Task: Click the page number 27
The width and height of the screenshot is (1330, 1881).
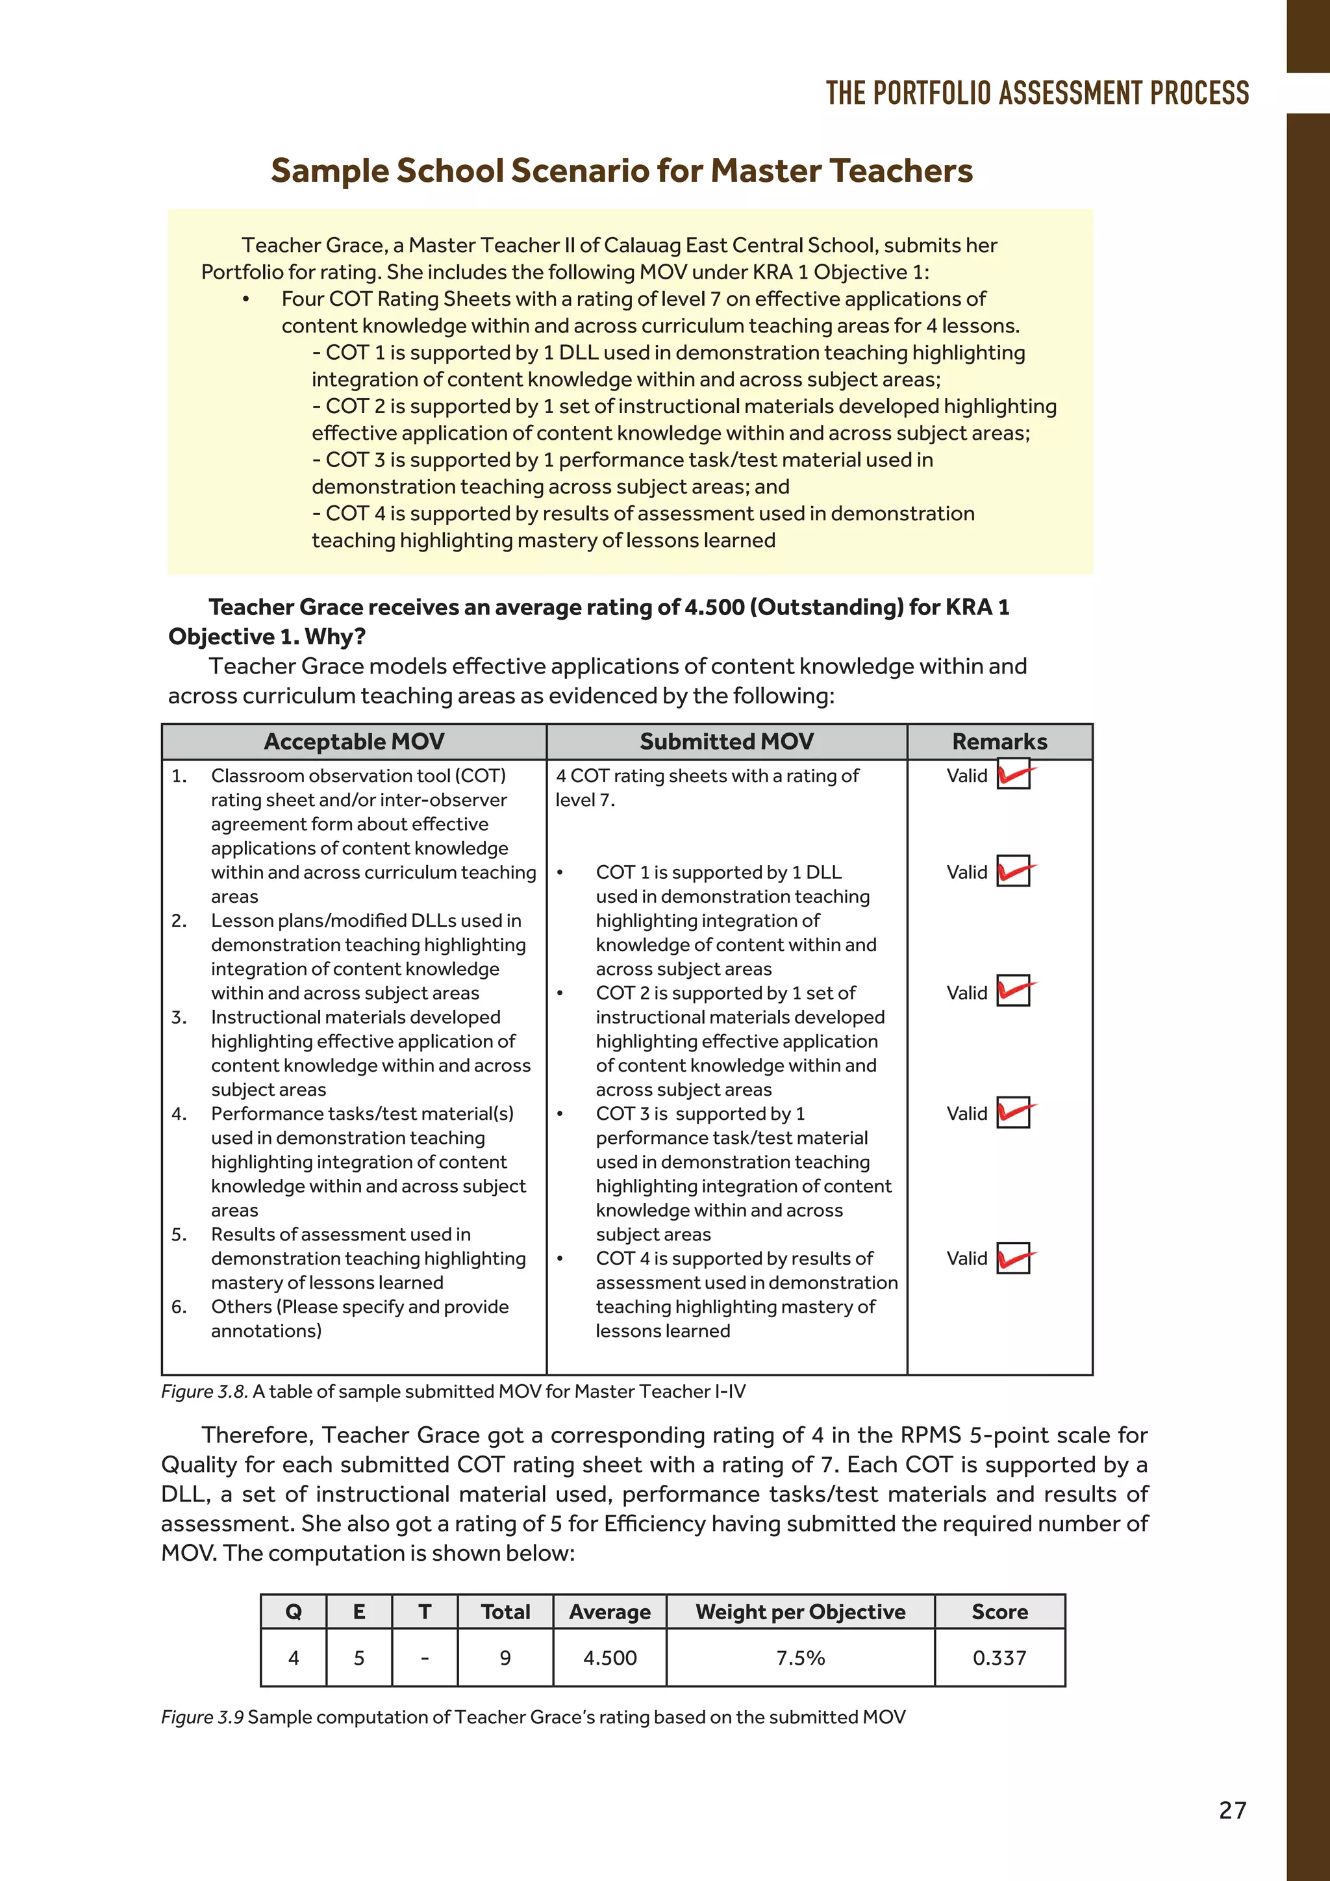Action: (1232, 1810)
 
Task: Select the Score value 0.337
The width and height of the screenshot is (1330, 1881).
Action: (999, 1658)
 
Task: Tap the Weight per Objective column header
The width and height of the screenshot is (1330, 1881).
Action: (800, 1611)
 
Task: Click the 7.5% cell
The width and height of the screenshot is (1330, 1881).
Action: (800, 1658)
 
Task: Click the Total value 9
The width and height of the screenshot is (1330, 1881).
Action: (505, 1658)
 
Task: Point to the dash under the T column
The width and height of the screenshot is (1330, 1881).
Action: (424, 1658)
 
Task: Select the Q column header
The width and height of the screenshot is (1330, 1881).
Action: (293, 1611)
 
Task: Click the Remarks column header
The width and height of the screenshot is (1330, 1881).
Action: (999, 741)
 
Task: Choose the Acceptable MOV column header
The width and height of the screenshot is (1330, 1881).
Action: (354, 741)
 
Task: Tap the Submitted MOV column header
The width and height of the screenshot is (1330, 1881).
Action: (727, 741)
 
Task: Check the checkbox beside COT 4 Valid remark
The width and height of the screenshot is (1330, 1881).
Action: (1013, 1258)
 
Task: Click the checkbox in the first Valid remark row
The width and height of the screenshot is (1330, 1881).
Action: (1013, 775)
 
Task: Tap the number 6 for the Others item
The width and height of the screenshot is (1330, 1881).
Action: (179, 1307)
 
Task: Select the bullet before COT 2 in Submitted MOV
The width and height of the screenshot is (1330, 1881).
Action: (560, 994)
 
